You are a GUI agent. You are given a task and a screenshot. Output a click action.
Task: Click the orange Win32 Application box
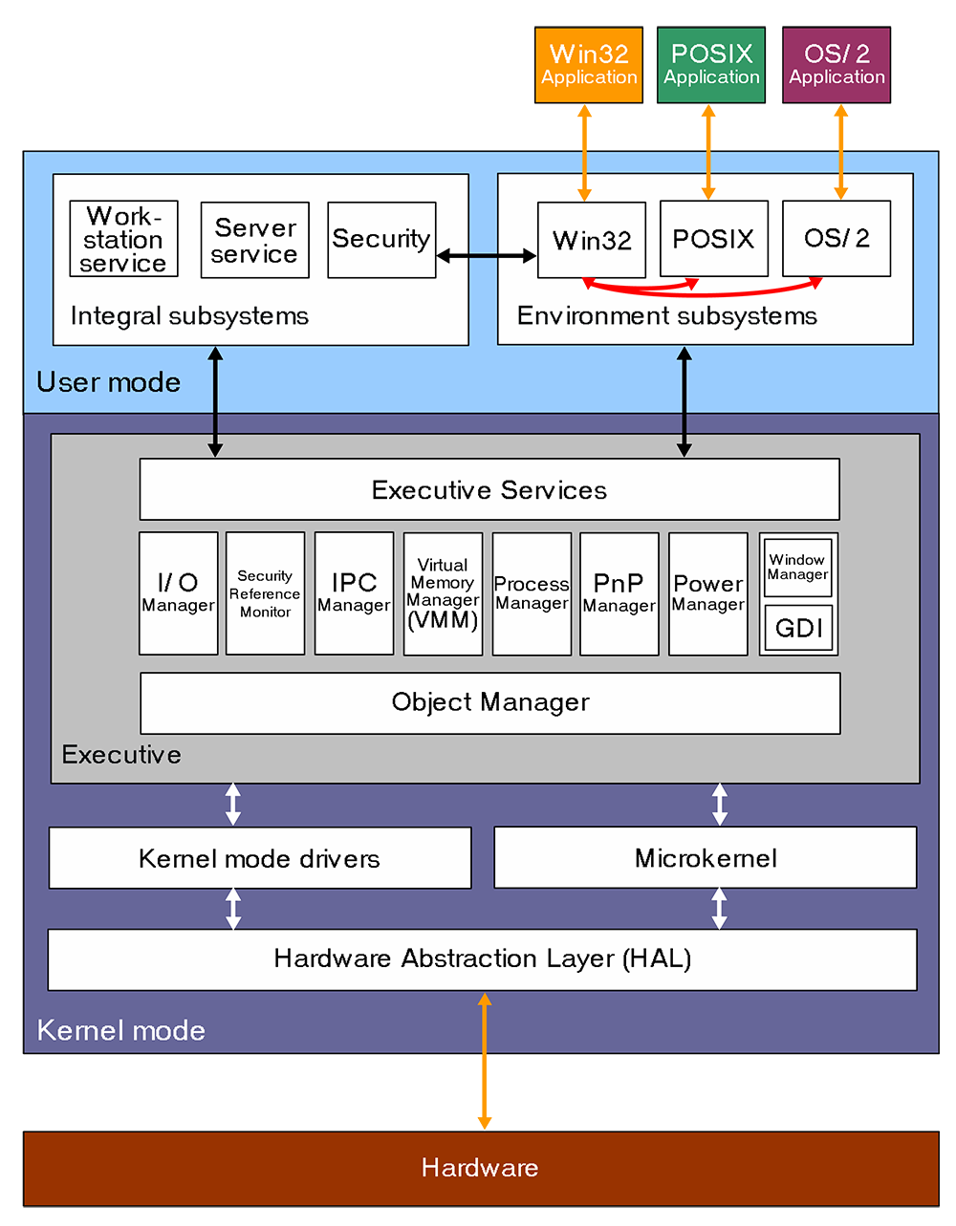click(588, 64)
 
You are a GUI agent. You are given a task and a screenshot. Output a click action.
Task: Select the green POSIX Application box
click(711, 64)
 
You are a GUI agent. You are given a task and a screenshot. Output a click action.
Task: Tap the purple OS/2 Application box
click(836, 64)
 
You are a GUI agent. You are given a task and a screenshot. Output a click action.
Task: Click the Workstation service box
click(123, 239)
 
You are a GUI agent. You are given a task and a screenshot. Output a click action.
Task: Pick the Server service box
click(254, 240)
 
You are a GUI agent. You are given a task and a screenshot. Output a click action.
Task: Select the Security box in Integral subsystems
click(381, 240)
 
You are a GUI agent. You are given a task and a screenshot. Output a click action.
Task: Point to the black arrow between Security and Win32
click(487, 255)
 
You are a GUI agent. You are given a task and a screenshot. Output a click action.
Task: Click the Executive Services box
click(489, 489)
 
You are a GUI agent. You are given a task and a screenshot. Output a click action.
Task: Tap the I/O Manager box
click(178, 593)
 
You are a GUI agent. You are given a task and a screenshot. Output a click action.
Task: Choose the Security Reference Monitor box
click(265, 593)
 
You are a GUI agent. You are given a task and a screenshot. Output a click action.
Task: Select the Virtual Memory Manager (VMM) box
click(443, 593)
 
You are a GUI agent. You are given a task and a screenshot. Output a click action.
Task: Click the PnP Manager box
click(619, 593)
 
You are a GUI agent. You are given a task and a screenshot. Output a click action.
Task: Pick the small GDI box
click(798, 628)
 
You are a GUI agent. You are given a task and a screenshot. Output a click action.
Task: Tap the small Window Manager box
click(797, 568)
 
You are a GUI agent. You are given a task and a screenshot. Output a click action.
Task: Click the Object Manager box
click(490, 703)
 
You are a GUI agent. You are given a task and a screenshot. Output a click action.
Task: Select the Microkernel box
click(706, 858)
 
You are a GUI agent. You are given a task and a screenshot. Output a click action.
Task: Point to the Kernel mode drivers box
click(260, 858)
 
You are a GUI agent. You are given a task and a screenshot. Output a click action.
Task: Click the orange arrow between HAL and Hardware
click(485, 1061)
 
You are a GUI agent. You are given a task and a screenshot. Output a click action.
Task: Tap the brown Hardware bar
click(481, 1168)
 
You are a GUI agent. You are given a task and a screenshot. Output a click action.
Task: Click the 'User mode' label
click(108, 382)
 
